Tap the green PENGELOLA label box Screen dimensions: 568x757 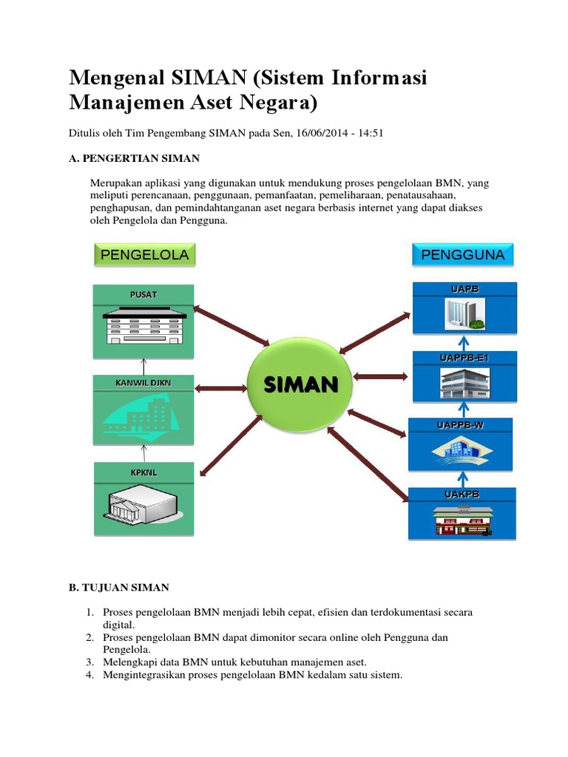pyautogui.click(x=144, y=255)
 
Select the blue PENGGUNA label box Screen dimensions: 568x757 pyautogui.click(x=462, y=255)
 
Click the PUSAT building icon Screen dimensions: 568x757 pyautogui.click(x=143, y=325)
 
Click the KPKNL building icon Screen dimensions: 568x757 pyautogui.click(x=143, y=507)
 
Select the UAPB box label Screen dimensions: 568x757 pyautogui.click(x=461, y=288)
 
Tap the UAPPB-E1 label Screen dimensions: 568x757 pyautogui.click(x=461, y=358)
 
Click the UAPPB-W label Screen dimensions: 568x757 pyautogui.click(x=461, y=425)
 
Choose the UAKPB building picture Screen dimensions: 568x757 pyautogui.click(x=461, y=520)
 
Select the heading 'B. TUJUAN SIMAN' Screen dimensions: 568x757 pyautogui.click(x=119, y=588)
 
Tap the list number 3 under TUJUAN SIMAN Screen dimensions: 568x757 pyautogui.click(x=88, y=662)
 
